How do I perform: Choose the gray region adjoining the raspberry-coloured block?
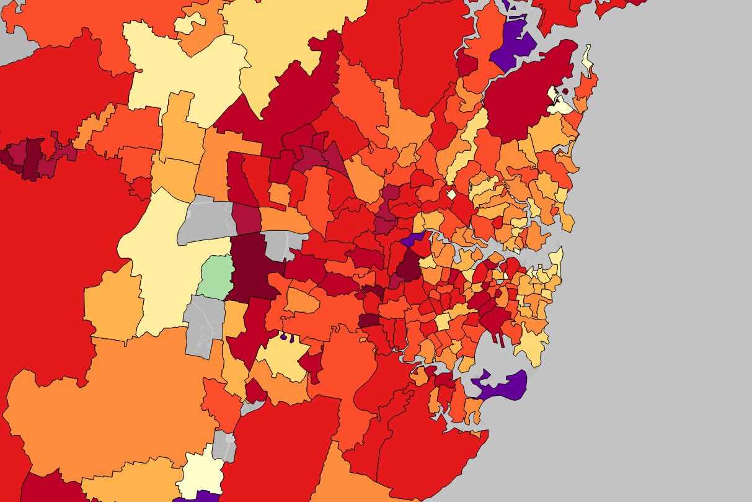click(x=206, y=220)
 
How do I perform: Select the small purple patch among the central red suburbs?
click(x=412, y=238)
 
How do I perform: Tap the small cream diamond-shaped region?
click(x=451, y=194)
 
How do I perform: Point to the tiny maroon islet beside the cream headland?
click(x=565, y=91)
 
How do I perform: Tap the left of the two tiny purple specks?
click(x=283, y=337)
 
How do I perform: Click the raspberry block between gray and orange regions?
click(x=246, y=218)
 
